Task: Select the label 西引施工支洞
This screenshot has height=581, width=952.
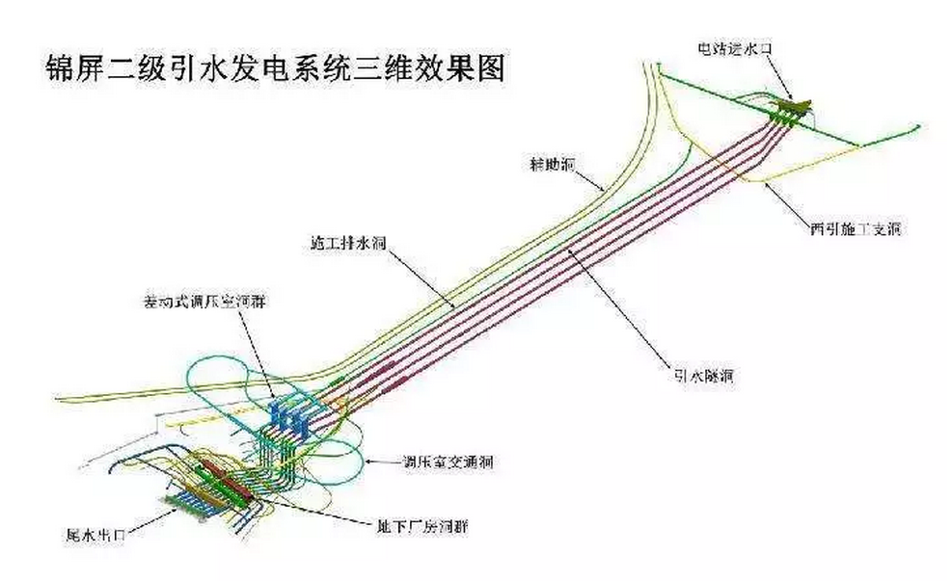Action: pyautogui.click(x=856, y=229)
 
